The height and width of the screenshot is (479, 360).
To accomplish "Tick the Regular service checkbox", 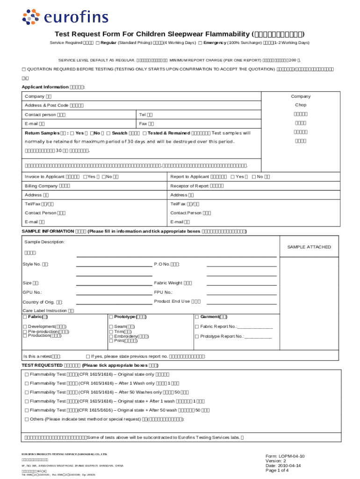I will click(x=97, y=43).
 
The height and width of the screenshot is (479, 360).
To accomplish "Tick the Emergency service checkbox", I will click(x=200, y=43).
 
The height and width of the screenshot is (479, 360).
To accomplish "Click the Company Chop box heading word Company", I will click(x=300, y=96).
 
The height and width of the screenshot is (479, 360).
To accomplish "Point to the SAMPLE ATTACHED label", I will click(x=309, y=247).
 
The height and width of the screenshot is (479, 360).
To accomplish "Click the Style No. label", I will click(x=36, y=264).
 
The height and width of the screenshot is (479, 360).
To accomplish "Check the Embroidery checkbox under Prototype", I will click(x=111, y=336).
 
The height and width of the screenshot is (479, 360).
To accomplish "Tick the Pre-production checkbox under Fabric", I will click(x=25, y=331).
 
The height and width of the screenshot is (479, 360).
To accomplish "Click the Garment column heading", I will click(x=213, y=317).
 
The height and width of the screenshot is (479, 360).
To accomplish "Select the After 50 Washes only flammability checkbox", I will click(x=27, y=392).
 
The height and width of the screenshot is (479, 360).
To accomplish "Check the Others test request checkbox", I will click(x=27, y=419).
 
